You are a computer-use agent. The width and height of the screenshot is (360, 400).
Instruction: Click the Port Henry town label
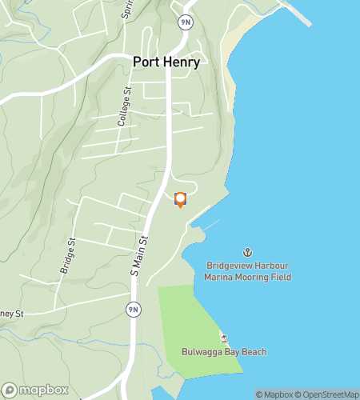coord(166,62)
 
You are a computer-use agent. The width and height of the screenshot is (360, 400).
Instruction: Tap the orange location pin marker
coord(180,199)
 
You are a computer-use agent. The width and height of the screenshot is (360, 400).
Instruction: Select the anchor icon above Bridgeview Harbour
coord(247,253)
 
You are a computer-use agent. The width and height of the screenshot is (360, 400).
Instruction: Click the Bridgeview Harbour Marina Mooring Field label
coord(247,271)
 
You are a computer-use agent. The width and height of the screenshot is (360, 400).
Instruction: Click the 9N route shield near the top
coord(185,22)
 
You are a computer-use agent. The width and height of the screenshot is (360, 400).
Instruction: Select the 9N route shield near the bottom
coord(133,309)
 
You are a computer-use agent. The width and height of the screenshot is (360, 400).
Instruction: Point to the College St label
coord(123,109)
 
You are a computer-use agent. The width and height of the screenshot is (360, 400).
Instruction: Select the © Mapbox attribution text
coord(274,394)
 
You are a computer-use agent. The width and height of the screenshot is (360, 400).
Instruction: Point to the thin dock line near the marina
coord(210,225)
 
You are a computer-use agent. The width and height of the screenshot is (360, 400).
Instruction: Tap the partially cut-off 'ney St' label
coord(13,314)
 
